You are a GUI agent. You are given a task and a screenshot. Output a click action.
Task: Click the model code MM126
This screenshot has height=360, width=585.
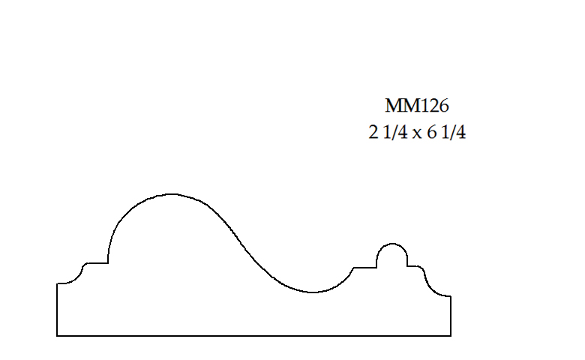click(417, 106)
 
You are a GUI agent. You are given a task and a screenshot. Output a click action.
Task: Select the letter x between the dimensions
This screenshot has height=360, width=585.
click(417, 136)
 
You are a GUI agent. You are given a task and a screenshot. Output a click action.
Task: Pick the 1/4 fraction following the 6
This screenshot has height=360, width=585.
click(454, 134)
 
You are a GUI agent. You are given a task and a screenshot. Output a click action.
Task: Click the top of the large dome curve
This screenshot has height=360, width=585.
click(172, 194)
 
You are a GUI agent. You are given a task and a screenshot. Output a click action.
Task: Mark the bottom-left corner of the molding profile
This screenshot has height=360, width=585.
click(57, 335)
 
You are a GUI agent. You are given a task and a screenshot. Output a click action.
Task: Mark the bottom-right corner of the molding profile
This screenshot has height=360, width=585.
click(451, 335)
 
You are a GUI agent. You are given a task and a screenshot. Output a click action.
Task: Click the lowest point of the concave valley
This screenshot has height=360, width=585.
click(311, 292)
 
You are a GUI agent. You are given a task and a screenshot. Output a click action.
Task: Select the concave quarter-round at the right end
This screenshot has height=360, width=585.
click(433, 286)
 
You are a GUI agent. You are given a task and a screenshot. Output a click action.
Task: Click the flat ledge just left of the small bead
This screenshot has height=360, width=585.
click(364, 267)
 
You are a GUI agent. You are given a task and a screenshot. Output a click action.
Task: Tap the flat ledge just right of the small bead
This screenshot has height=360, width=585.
click(413, 266)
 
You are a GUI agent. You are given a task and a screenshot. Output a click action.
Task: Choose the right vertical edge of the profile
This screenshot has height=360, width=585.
click(451, 316)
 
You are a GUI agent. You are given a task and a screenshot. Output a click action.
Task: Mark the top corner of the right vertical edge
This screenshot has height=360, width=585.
click(451, 296)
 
